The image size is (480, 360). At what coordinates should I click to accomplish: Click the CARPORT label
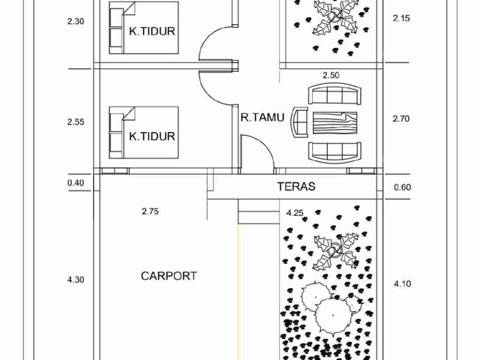(169, 276)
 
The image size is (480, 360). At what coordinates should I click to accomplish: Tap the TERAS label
(296, 187)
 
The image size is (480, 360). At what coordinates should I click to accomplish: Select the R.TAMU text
(262, 117)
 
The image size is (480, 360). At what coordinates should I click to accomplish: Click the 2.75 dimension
(150, 211)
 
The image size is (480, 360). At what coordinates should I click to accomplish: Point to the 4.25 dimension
(295, 213)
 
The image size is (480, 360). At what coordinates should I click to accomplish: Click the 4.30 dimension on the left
(76, 280)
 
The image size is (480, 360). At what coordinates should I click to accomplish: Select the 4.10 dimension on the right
(402, 283)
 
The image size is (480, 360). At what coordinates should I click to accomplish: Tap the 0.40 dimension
(76, 183)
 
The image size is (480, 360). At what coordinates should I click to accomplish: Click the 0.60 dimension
(402, 187)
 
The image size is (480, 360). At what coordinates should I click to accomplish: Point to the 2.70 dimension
(401, 118)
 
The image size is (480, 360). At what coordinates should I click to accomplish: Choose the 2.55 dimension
(76, 121)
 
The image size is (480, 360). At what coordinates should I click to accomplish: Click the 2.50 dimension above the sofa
(331, 75)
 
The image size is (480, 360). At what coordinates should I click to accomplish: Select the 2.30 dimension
(76, 22)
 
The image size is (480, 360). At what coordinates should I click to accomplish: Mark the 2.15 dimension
(401, 18)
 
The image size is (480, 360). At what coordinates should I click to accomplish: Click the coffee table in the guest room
(334, 123)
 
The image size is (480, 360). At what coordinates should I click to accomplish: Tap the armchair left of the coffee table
(300, 123)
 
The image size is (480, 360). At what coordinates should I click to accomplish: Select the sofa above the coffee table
(334, 94)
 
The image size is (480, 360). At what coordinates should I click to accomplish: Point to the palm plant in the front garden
(336, 250)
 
